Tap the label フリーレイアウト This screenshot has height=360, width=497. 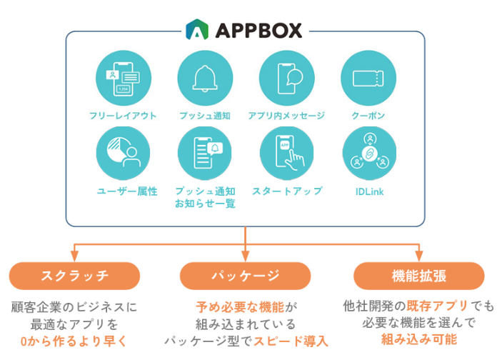tap(123, 115)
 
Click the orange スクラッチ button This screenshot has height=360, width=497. tap(74, 275)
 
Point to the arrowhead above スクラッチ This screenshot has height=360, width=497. tap(74, 255)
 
